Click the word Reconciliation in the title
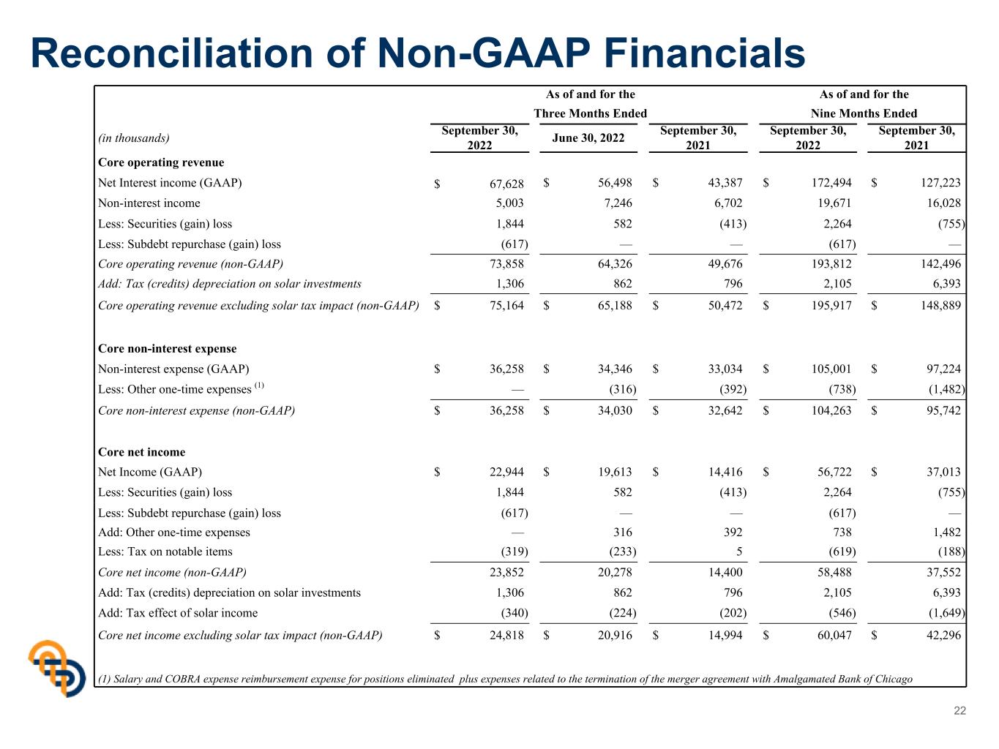click(173, 53)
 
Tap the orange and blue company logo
click(57, 669)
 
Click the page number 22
click(959, 711)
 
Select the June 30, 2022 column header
click(588, 138)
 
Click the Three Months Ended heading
click(591, 113)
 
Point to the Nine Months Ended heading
click(864, 113)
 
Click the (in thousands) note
click(134, 138)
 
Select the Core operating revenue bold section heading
click(161, 162)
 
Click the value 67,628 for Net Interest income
click(506, 184)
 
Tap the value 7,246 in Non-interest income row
click(618, 203)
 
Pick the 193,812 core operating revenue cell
click(831, 264)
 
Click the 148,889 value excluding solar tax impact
click(940, 305)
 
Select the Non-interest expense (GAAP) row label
click(174, 369)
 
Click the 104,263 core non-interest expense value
click(831, 410)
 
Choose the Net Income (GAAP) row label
click(150, 472)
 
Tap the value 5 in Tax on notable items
click(739, 552)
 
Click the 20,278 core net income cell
click(615, 572)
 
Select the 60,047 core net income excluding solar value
click(834, 635)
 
